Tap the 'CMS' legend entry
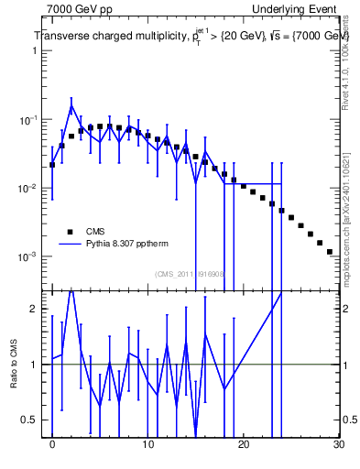point(96,231)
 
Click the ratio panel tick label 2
point(34,309)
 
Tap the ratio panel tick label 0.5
point(30,420)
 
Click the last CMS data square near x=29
point(329,251)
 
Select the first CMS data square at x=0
point(52,165)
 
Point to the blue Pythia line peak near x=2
point(71,106)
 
